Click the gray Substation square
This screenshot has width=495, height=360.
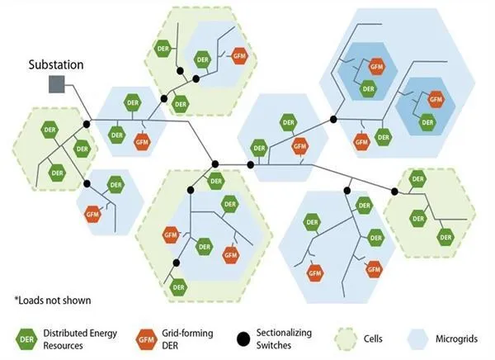[57, 84]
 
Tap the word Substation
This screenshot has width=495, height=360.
[56, 64]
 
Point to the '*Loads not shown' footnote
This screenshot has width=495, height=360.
[53, 301]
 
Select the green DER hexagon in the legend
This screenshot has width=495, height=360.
[26, 339]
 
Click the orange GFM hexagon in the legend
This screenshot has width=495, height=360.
[147, 340]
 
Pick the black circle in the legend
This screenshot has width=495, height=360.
[243, 339]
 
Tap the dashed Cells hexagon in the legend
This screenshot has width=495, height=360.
[346, 339]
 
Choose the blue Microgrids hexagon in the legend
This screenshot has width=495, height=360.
[417, 339]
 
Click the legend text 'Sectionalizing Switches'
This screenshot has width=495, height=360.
[284, 339]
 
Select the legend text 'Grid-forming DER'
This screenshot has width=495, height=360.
[187, 339]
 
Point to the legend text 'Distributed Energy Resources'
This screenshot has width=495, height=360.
[80, 339]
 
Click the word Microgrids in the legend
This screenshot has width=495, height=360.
[456, 339]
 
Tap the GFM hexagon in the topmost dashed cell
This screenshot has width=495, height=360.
[239, 56]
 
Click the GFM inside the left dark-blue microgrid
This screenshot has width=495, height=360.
[377, 67]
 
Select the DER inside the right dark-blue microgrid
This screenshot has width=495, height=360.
[427, 122]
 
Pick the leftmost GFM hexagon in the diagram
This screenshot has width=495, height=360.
[92, 214]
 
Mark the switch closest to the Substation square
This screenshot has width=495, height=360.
[87, 124]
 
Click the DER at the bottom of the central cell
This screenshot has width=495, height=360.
[179, 287]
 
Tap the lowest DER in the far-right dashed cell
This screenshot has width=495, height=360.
[445, 237]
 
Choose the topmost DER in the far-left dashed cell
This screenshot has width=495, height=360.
[49, 130]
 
